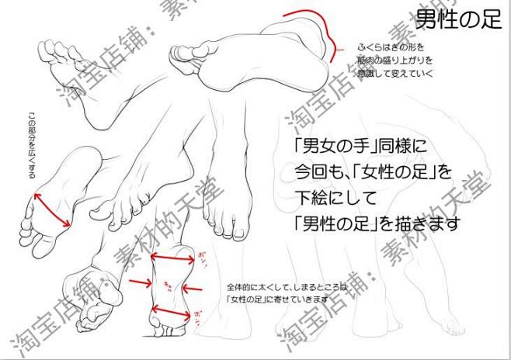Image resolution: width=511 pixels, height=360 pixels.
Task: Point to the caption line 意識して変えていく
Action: pos(395,73)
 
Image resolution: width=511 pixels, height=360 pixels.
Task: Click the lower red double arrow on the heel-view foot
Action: pos(171,313)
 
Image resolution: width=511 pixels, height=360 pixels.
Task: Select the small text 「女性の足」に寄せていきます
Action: pos(276,298)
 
